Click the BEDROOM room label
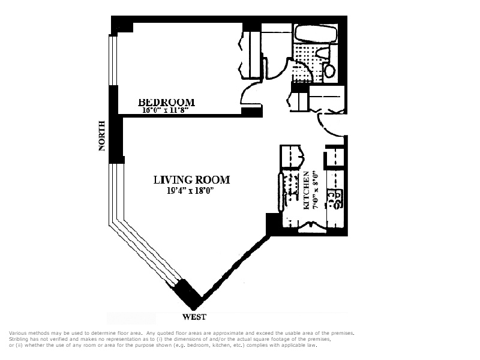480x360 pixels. tap(167, 102)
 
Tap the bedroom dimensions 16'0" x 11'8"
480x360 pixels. tap(164, 110)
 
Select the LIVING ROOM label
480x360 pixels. tap(191, 179)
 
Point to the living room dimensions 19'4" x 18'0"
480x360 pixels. tap(190, 191)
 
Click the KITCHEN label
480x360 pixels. tap(306, 190)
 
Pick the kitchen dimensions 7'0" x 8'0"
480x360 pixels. tap(316, 190)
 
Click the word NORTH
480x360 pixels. tap(102, 136)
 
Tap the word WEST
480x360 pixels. tap(194, 317)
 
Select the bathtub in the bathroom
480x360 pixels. tap(316, 34)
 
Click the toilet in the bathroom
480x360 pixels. tap(329, 70)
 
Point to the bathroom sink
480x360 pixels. tap(323, 53)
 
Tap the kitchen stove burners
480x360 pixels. tap(335, 199)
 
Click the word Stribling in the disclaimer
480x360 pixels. tap(18, 339)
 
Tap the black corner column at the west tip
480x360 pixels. tap(187, 294)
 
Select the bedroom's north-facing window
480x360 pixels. tap(113, 61)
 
